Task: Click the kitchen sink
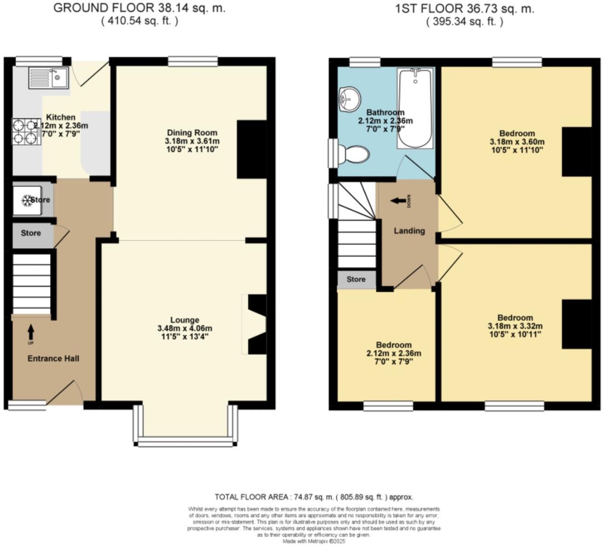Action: [48, 78]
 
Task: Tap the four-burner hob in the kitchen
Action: [26, 131]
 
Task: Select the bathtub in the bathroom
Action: [415, 108]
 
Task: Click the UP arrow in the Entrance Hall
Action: [31, 332]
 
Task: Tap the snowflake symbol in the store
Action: [26, 200]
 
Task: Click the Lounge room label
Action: [185, 320]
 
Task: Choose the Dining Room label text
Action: [192, 133]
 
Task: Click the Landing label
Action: [409, 231]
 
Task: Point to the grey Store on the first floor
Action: [356, 279]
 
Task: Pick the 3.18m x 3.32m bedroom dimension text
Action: [515, 326]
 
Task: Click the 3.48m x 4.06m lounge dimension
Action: [185, 328]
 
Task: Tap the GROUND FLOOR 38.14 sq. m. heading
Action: [139, 8]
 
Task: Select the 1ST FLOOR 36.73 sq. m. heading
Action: [465, 9]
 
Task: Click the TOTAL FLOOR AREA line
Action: [314, 497]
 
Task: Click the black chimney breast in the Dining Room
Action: [252, 149]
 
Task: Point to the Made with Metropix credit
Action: [314, 541]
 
